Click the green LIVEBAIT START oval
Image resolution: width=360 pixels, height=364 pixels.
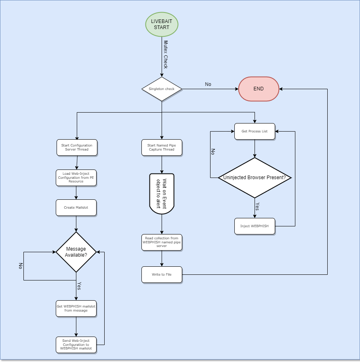(162, 24)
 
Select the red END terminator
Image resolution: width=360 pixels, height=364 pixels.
(259, 89)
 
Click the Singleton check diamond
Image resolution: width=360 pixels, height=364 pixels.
(162, 89)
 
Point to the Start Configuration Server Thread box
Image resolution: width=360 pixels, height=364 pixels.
(76, 147)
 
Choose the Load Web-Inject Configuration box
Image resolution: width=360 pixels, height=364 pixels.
(76, 178)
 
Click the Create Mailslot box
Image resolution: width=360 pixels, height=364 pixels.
(76, 207)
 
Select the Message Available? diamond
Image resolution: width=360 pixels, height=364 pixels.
(76, 252)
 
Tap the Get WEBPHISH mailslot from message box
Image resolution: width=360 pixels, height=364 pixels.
(76, 308)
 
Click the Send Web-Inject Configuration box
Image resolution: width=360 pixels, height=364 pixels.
(76, 345)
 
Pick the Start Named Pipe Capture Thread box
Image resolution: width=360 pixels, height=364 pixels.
(162, 147)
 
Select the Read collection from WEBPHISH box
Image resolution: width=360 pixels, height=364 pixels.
(162, 242)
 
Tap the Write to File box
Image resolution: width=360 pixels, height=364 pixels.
(162, 274)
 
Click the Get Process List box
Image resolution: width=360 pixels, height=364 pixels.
(255, 131)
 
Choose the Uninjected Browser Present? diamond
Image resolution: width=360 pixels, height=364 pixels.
(255, 178)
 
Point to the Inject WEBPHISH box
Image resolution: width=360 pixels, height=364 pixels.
(255, 226)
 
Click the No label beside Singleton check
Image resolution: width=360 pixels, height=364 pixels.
(208, 84)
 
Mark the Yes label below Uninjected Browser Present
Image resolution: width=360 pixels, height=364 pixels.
(257, 207)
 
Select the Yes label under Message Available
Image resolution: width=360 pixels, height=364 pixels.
(79, 286)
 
